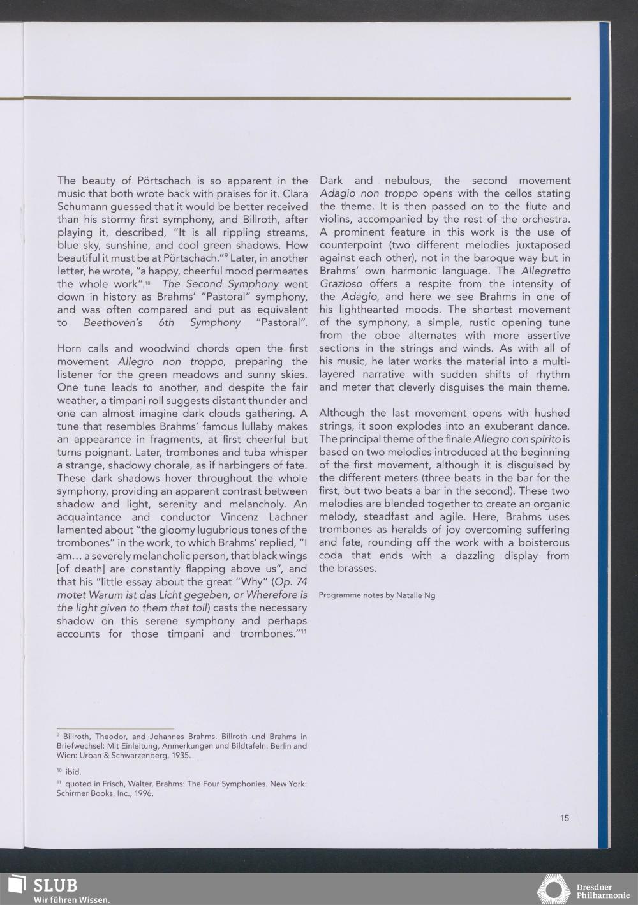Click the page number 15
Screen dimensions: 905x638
(565, 818)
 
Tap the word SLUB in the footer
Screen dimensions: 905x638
(55, 885)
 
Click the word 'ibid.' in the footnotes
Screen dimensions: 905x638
(73, 772)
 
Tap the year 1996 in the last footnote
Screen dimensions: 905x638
(142, 794)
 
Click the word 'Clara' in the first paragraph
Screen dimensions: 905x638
(292, 193)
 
